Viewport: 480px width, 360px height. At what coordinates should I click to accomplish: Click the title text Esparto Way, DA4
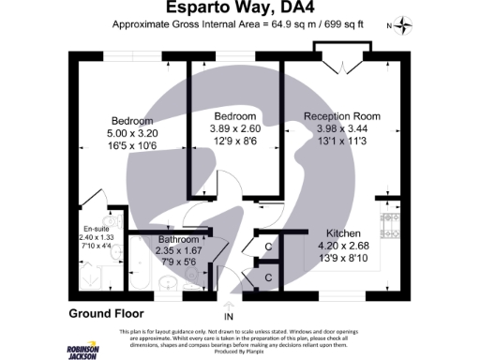coord(239,8)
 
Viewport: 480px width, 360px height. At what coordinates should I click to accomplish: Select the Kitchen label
coord(343,232)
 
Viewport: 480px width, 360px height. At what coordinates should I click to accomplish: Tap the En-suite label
coord(95,228)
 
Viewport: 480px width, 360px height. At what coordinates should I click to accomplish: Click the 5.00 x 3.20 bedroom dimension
coord(132,134)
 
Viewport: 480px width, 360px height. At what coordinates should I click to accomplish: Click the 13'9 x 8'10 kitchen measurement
coord(343,257)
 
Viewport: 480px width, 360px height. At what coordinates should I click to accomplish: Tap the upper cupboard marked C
coord(268,247)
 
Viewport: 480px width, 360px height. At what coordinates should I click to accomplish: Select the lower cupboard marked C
coord(268,277)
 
